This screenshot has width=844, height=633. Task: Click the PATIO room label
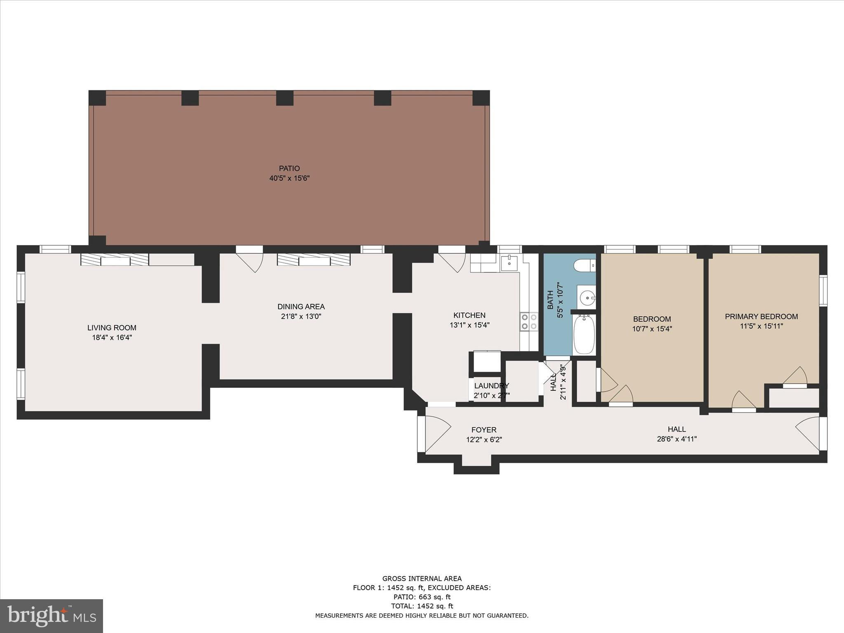[289, 168]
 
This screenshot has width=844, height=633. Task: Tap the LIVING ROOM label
[112, 328]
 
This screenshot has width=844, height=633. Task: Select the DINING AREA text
[301, 307]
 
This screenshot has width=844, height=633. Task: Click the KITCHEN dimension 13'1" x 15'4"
[469, 325]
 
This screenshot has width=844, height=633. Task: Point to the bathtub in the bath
[584, 334]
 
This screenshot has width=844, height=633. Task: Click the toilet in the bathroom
[585, 265]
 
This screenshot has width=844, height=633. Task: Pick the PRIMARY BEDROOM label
[761, 316]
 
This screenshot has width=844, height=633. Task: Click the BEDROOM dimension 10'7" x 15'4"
[652, 329]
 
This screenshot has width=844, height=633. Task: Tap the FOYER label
[484, 430]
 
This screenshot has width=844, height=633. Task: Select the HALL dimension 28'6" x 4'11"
[677, 439]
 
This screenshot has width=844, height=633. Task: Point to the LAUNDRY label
[491, 386]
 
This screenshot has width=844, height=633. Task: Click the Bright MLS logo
[52, 616]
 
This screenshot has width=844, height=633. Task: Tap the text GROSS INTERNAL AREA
[422, 579]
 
